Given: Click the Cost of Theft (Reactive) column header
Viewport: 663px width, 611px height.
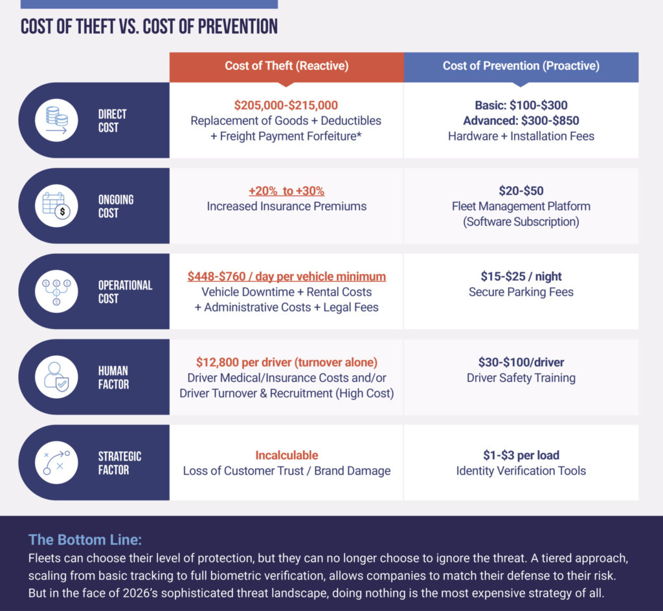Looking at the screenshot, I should coord(286,66).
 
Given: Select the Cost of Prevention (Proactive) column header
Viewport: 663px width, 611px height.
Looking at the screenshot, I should coord(521,66).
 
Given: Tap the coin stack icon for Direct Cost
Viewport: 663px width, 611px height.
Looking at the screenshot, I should coord(57,120).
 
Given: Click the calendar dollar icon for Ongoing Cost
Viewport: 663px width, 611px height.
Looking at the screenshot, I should coord(57,206).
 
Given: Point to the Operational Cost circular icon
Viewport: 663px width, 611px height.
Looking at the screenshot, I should coord(57,292).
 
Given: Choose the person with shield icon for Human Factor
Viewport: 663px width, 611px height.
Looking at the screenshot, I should coord(57,377).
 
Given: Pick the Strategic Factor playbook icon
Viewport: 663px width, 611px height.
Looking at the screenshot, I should coord(57,462).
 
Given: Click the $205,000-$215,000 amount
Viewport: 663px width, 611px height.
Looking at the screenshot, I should coord(286,105).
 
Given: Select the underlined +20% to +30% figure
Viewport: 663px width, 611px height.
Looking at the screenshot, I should coord(286,191).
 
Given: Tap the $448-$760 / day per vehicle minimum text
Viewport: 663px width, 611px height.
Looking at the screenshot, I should coord(286,277).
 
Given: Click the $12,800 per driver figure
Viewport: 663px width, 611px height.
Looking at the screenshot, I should coord(286,362).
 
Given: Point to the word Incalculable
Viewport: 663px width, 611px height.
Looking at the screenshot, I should coord(286,455).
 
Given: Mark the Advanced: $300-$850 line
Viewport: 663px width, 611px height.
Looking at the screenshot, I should coord(521,121).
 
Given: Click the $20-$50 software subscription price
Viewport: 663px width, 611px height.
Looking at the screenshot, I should coord(521,191).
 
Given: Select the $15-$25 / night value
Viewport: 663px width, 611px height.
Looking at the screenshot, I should coord(521,277).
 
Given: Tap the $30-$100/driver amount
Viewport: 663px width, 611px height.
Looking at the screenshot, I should coord(521,362).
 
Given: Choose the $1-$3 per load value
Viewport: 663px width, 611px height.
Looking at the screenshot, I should coord(521,455).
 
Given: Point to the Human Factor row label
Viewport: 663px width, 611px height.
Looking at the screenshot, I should coord(113,378).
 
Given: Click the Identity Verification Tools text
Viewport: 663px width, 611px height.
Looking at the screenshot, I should coord(521,471).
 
